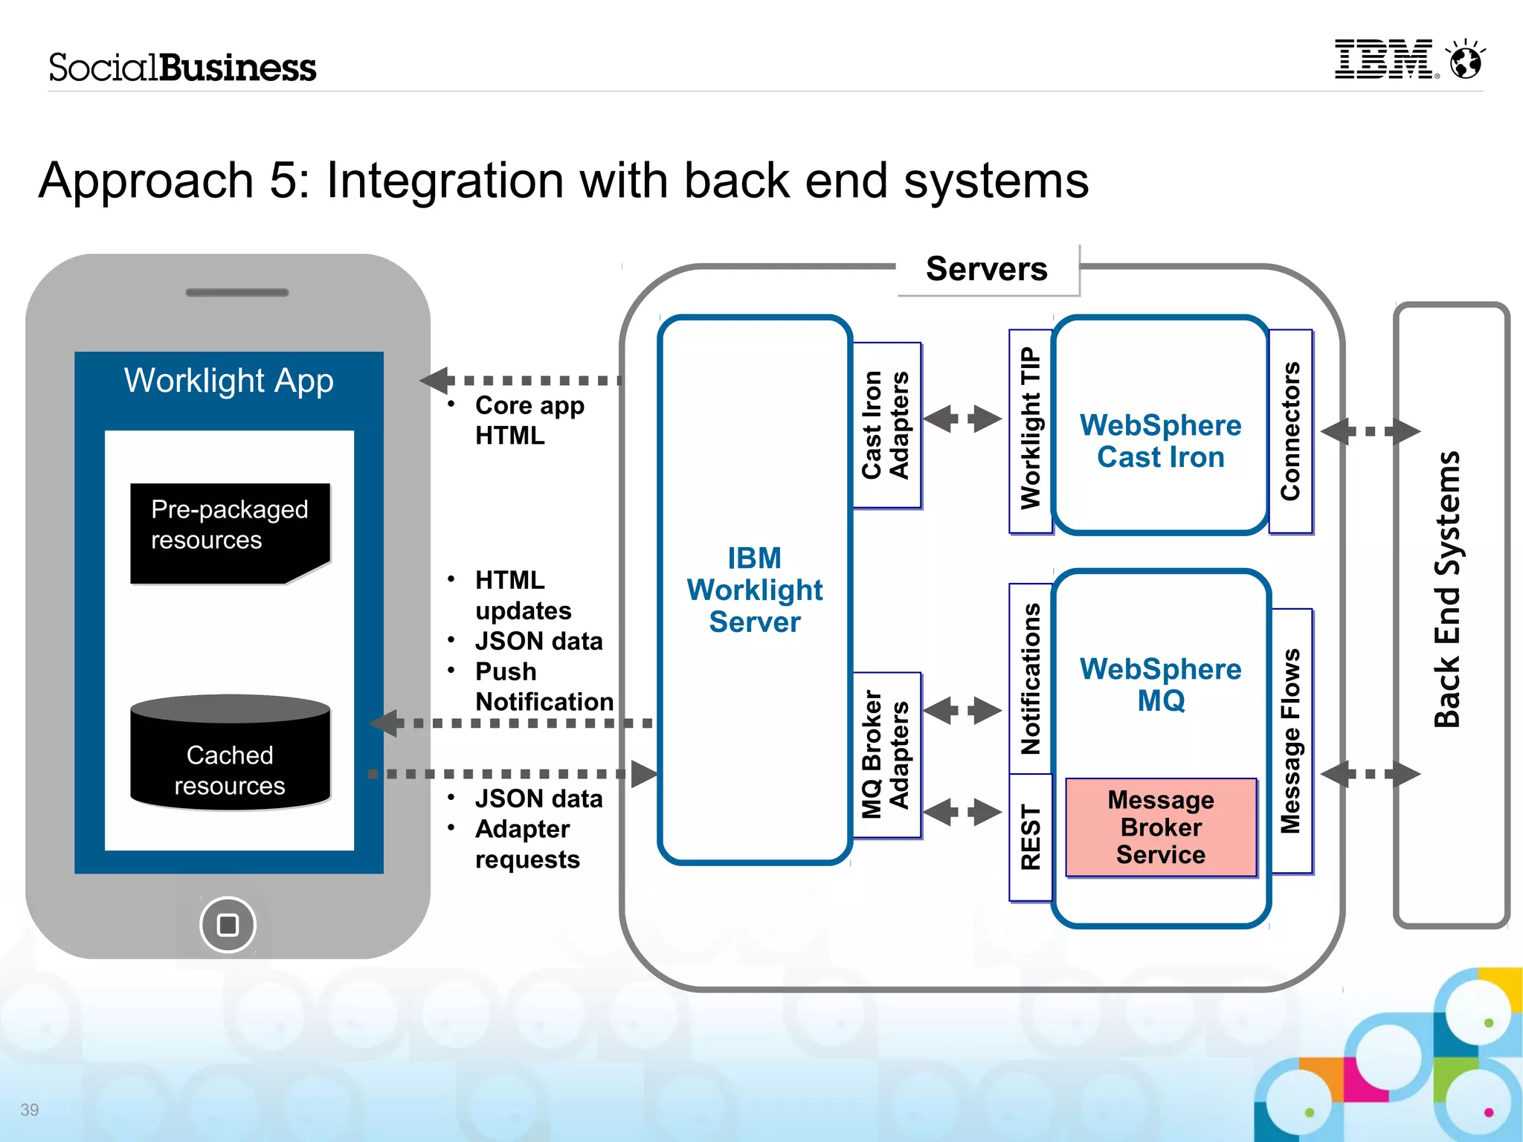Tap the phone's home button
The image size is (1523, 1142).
(x=228, y=925)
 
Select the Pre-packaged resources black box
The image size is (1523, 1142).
(x=230, y=532)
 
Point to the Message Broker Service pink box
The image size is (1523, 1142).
(x=1161, y=828)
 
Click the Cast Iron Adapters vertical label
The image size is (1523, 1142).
(x=886, y=425)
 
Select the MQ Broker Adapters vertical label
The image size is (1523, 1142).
(x=886, y=755)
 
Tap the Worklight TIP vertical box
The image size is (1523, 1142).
(x=1030, y=430)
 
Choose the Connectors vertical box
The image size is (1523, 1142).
(x=1290, y=431)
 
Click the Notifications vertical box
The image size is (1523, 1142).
(x=1030, y=678)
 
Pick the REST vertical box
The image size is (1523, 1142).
(x=1030, y=837)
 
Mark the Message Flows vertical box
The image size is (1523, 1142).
(x=1291, y=741)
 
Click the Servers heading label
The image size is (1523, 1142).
(x=986, y=269)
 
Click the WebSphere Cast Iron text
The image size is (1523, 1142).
(x=1160, y=441)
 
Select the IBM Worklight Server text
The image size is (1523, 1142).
(x=754, y=590)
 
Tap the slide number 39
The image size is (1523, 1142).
(x=30, y=1110)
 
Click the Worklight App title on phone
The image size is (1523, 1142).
(x=228, y=381)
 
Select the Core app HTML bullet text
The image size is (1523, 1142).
(x=529, y=420)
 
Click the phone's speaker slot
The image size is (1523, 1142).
(x=236, y=293)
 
